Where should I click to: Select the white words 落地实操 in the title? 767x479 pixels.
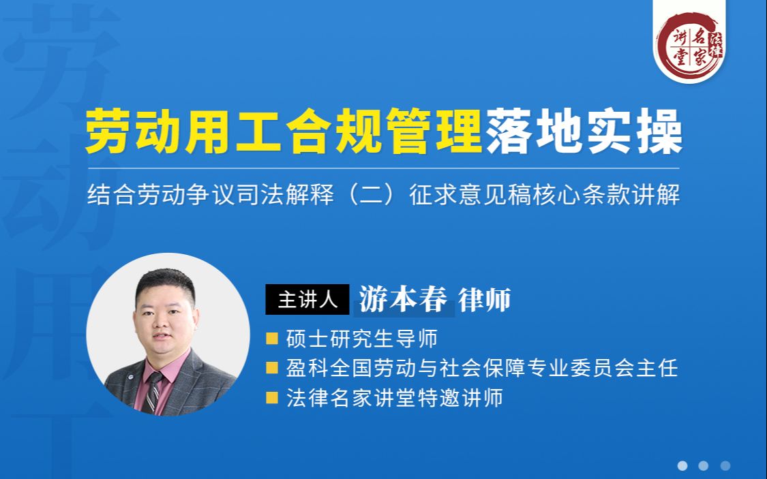coord(584,133)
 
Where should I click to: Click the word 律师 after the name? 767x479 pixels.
coord(485,300)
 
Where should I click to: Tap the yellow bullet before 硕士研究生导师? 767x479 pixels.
coord(272,338)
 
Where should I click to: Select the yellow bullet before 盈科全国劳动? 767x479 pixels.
coord(272,368)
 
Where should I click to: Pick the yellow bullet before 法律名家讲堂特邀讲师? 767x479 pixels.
coord(272,398)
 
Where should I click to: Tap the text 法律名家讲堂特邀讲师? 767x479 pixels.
coord(394,398)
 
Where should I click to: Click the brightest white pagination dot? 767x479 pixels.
coord(682,466)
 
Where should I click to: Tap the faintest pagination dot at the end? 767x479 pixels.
coord(725,466)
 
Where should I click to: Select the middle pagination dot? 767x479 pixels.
coord(704,466)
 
